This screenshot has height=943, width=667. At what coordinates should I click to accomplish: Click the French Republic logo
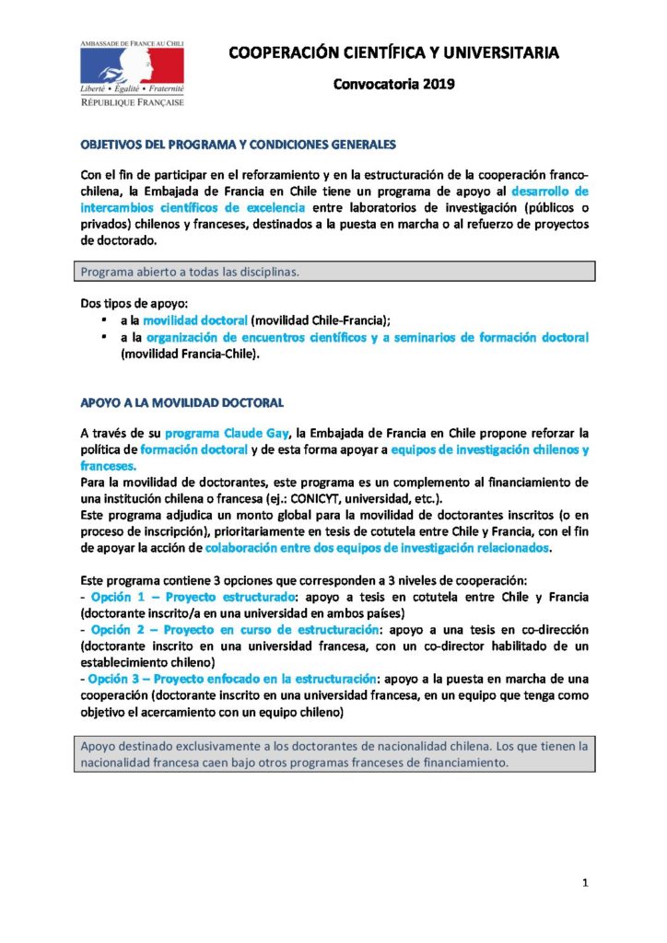pyautogui.click(x=132, y=74)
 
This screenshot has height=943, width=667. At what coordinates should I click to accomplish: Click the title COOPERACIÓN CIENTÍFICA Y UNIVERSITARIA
pyautogui.click(x=393, y=54)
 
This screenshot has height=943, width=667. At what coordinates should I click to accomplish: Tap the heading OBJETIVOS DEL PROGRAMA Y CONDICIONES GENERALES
pyautogui.click(x=238, y=146)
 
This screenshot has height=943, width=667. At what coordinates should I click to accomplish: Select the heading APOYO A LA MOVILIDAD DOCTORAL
pyautogui.click(x=181, y=402)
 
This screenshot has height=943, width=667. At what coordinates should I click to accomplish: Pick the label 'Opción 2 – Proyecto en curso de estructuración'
pyautogui.click(x=234, y=629)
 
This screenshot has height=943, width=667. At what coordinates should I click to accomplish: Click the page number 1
pyautogui.click(x=585, y=884)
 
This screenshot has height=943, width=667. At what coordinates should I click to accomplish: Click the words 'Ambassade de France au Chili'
pyautogui.click(x=132, y=44)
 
